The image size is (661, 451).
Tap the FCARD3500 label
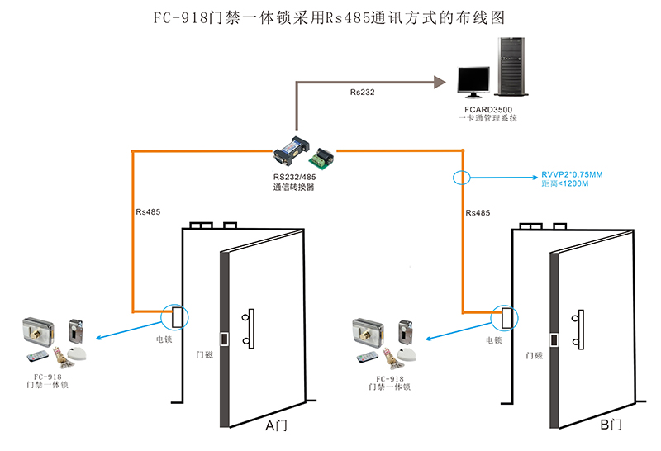tap(487, 109)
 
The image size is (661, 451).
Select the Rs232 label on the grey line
tap(362, 92)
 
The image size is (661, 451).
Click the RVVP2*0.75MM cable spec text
tap(572, 174)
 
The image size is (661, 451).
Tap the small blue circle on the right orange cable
tap(460, 177)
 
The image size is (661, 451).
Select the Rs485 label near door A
tap(148, 211)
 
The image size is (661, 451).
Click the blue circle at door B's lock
tap(504, 316)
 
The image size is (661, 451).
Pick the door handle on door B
tap(576, 328)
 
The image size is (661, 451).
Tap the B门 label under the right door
tap(611, 425)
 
